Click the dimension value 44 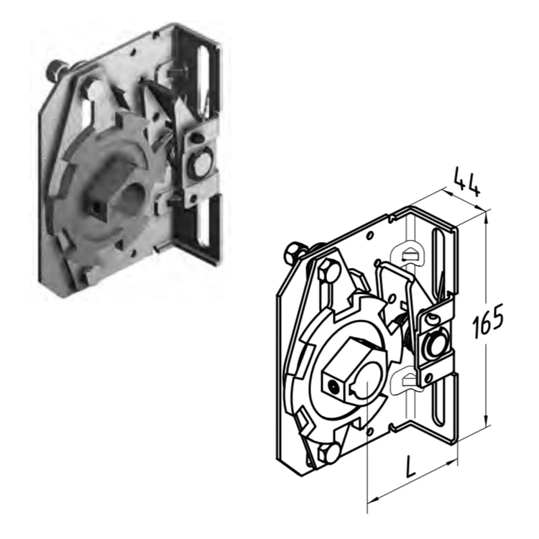tap(466, 183)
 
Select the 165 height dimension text tap(488, 321)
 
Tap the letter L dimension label tap(410, 466)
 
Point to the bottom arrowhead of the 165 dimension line tap(486, 420)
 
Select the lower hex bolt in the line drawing tap(328, 453)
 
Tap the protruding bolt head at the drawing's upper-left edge tap(293, 252)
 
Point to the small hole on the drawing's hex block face tap(333, 387)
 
